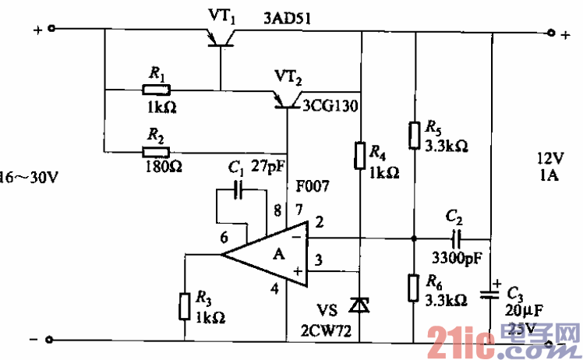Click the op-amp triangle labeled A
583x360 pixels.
tap(269, 253)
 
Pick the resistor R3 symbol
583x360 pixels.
tap(185, 305)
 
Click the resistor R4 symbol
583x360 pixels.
tap(360, 155)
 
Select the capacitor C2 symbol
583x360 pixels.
tap(457, 238)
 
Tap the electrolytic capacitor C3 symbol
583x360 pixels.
tap(491, 295)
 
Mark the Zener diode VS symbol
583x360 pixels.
tap(360, 303)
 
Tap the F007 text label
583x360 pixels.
tap(312, 187)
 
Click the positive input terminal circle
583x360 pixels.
tap(51, 30)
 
